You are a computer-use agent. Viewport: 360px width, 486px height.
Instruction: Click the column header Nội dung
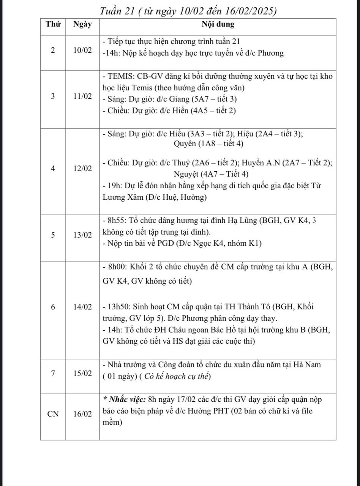pos(218,25)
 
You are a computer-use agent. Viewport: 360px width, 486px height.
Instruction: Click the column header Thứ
pos(53,25)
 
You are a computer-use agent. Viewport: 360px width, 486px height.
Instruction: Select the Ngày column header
pos(82,25)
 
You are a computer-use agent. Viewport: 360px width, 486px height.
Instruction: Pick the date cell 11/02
pos(83,96)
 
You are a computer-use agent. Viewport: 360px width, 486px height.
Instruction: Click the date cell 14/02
pos(83,307)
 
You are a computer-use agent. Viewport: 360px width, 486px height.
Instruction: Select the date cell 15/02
pos(83,373)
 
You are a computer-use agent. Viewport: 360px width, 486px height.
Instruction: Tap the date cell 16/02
pos(83,414)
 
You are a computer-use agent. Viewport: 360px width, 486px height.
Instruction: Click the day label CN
pos(53,414)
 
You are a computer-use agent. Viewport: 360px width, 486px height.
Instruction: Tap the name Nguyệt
pos(186,174)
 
